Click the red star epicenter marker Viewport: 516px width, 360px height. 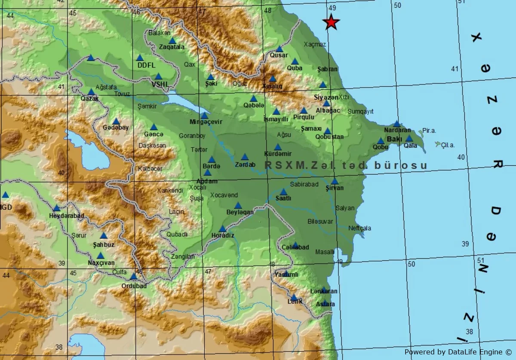331,22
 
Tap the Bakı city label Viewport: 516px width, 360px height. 394,139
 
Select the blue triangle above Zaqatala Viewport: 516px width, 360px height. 172,41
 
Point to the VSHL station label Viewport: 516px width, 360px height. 160,84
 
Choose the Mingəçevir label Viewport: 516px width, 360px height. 206,122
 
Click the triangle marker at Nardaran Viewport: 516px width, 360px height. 396,124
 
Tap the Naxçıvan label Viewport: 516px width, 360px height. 100,262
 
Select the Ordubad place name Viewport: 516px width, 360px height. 134,286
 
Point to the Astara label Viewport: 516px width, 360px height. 325,304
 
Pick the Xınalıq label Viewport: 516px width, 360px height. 272,86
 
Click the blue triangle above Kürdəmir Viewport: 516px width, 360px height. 278,147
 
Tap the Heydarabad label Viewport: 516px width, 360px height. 67,216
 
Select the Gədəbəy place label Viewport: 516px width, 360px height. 116,128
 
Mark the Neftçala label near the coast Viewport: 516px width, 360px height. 360,228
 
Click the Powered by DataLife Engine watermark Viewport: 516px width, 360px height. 458,352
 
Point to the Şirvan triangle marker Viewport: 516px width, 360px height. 335,181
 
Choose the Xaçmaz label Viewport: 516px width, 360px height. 315,44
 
